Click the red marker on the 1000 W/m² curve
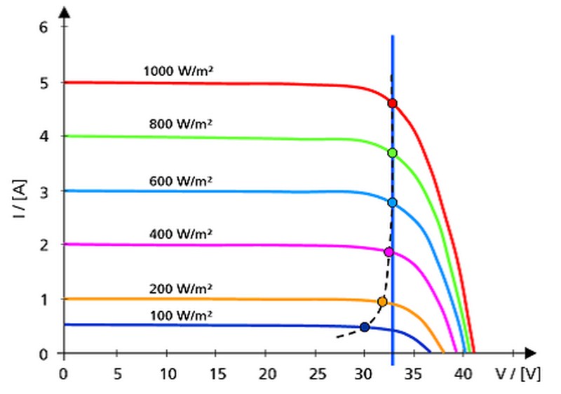(392, 103)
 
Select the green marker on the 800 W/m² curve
(392, 153)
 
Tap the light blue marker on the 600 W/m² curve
(392, 202)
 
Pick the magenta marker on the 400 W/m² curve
(388, 252)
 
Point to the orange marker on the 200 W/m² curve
(382, 301)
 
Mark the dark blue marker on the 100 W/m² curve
(364, 327)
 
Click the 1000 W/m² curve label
(178, 71)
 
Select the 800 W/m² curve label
(181, 124)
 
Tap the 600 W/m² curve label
(181, 180)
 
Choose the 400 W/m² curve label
(181, 233)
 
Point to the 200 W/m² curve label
(181, 288)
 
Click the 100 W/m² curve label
(181, 315)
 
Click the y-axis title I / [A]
(22, 199)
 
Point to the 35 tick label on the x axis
(414, 373)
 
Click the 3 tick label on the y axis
(43, 190)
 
